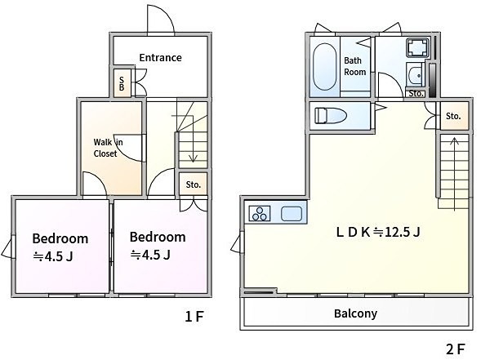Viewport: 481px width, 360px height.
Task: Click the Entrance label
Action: pyautogui.click(x=160, y=57)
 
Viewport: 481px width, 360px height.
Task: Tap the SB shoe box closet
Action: pyautogui.click(x=122, y=83)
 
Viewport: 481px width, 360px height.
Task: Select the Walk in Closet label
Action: pyautogui.click(x=108, y=148)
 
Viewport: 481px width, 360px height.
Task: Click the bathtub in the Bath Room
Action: pyautogui.click(x=324, y=67)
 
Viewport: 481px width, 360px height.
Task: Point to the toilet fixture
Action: pyautogui.click(x=331, y=116)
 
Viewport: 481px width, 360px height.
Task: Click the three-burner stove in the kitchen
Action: pyautogui.click(x=260, y=213)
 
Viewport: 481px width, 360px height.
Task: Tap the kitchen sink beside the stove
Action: pyautogui.click(x=292, y=214)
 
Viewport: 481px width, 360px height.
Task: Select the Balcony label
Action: pyautogui.click(x=355, y=313)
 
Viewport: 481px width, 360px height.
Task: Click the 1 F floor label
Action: pyautogui.click(x=194, y=316)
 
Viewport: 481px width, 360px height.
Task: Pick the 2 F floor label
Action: pyautogui.click(x=455, y=349)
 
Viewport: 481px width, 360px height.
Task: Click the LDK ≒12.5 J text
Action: pyautogui.click(x=378, y=232)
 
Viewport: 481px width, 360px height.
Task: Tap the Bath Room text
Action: pyautogui.click(x=355, y=66)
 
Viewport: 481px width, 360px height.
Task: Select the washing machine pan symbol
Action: pyautogui.click(x=416, y=47)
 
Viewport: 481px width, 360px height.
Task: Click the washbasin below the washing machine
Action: pyautogui.click(x=416, y=75)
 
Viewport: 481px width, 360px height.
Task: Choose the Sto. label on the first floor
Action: pyautogui.click(x=194, y=184)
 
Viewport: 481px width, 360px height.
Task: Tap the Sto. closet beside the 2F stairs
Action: pyautogui.click(x=454, y=116)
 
